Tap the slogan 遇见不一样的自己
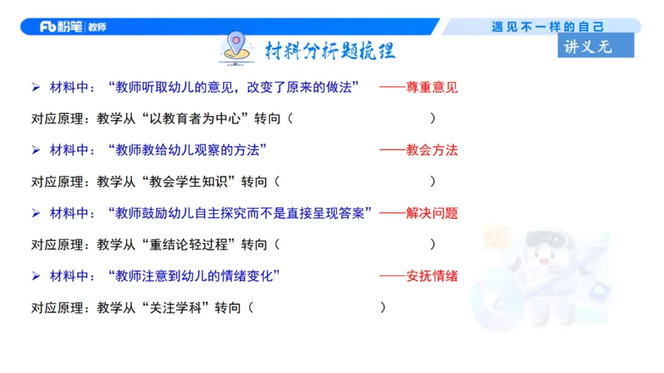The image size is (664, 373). [547, 27]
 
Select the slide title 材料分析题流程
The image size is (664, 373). [330, 51]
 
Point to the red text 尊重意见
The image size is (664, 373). [432, 87]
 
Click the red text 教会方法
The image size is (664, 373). [432, 150]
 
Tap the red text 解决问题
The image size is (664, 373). [432, 213]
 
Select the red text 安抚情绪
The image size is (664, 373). [432, 275]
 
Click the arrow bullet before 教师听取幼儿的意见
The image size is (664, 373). [36, 87]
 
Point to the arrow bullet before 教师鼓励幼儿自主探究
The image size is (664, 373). [36, 213]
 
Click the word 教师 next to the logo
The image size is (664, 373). [96, 27]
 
